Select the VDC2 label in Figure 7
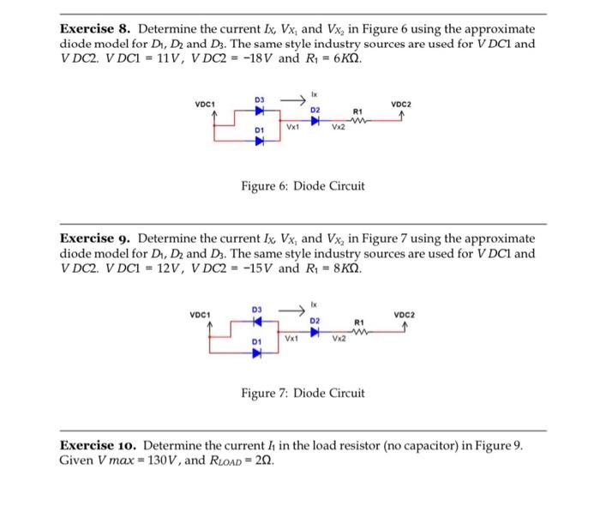pos(403,315)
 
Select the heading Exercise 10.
pos(97,446)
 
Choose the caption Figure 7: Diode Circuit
pos(303,393)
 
